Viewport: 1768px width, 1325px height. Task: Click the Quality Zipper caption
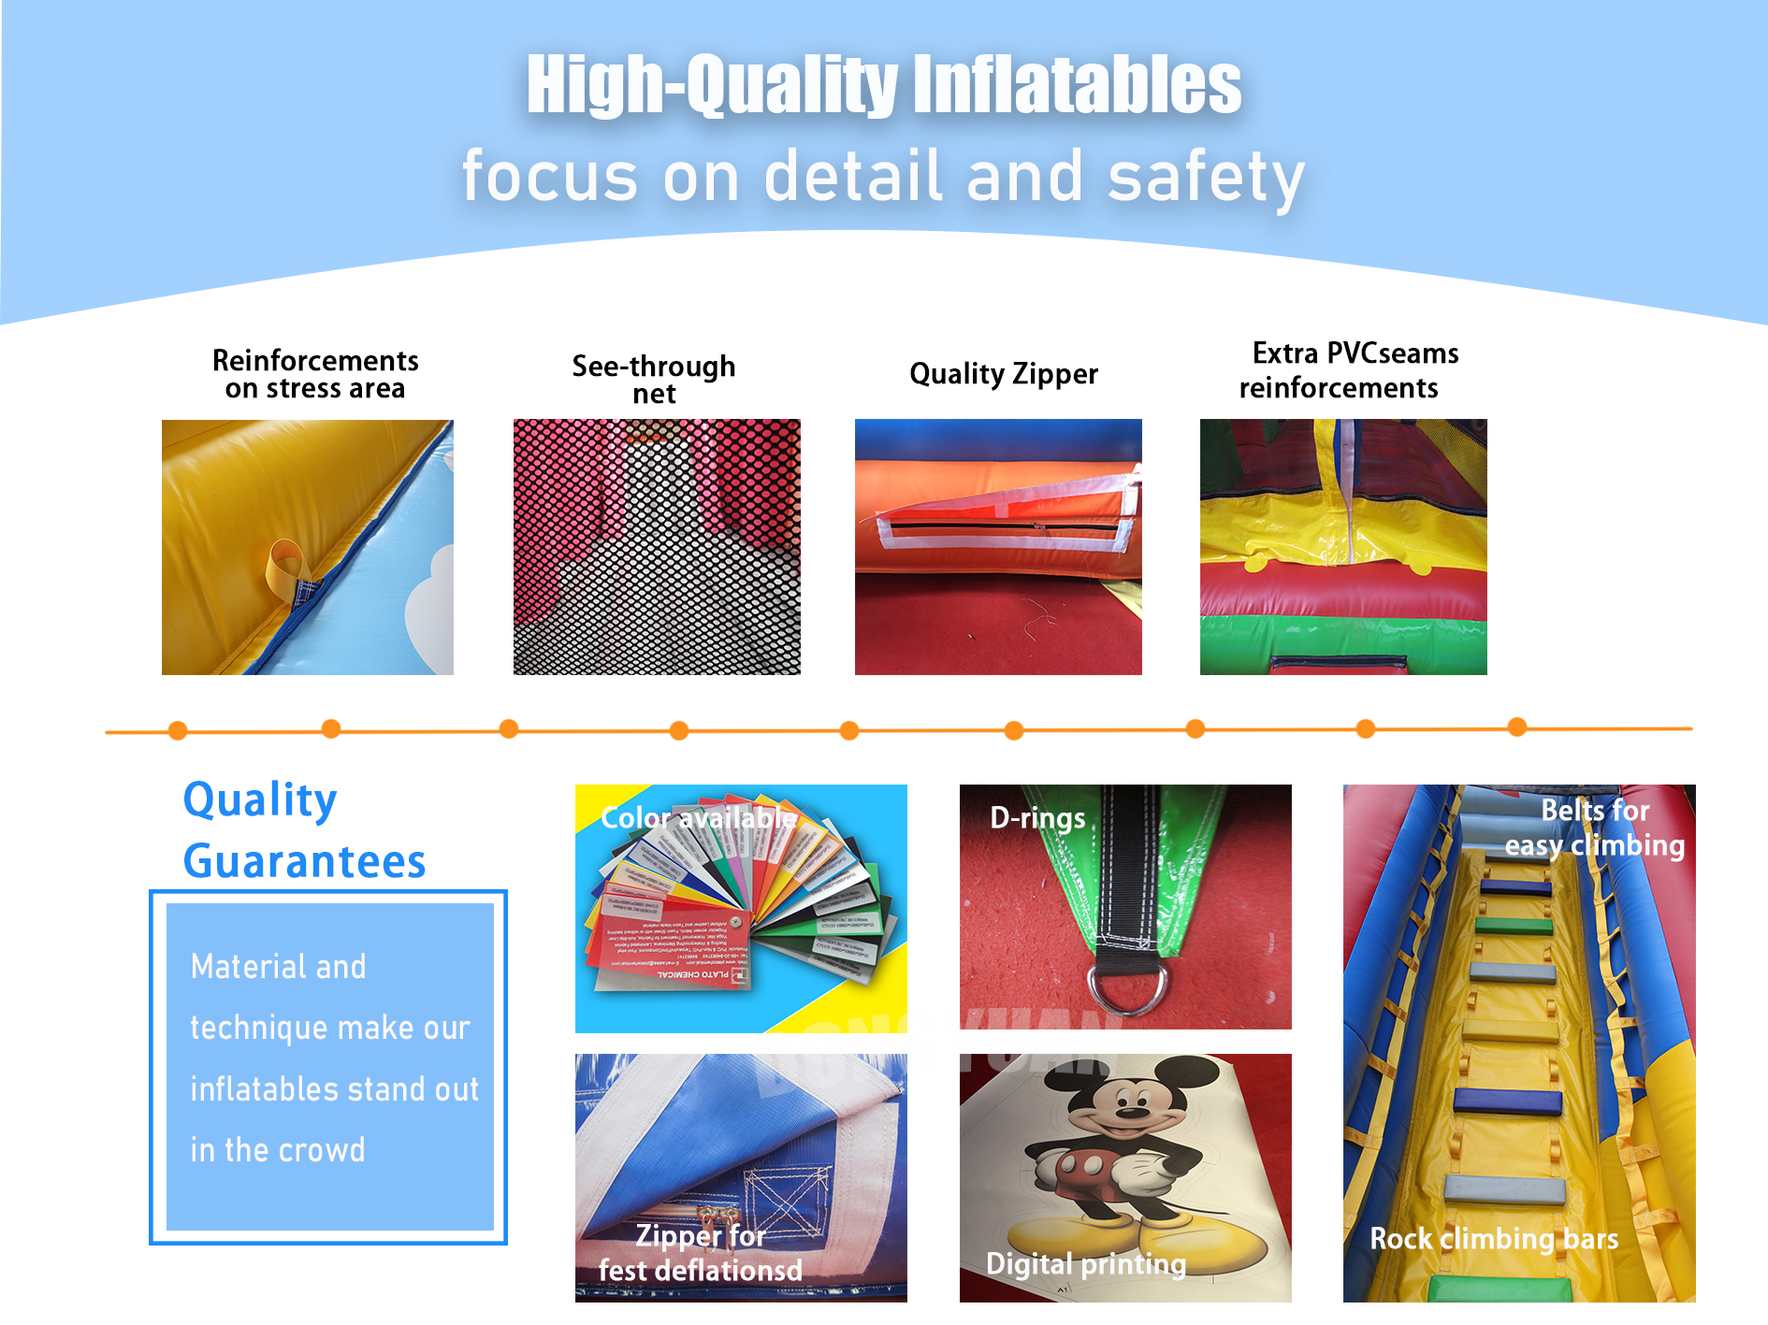coord(1003,374)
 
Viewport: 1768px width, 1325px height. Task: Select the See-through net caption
coord(654,379)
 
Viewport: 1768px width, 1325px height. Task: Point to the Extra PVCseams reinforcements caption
coord(1347,370)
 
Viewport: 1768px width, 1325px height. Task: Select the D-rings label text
coord(1037,818)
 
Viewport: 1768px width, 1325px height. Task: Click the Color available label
coord(698,818)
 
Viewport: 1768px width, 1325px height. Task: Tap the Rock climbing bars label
coord(1493,1239)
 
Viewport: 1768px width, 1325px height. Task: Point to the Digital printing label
coord(1085,1264)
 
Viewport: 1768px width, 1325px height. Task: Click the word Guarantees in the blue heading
coord(305,861)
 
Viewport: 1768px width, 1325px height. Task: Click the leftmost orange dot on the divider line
coord(178,730)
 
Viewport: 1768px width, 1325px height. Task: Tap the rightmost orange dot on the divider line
coord(1517,727)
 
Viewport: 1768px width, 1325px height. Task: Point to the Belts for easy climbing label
coord(1594,828)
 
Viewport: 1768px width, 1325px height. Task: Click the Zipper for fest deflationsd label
coord(700,1253)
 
